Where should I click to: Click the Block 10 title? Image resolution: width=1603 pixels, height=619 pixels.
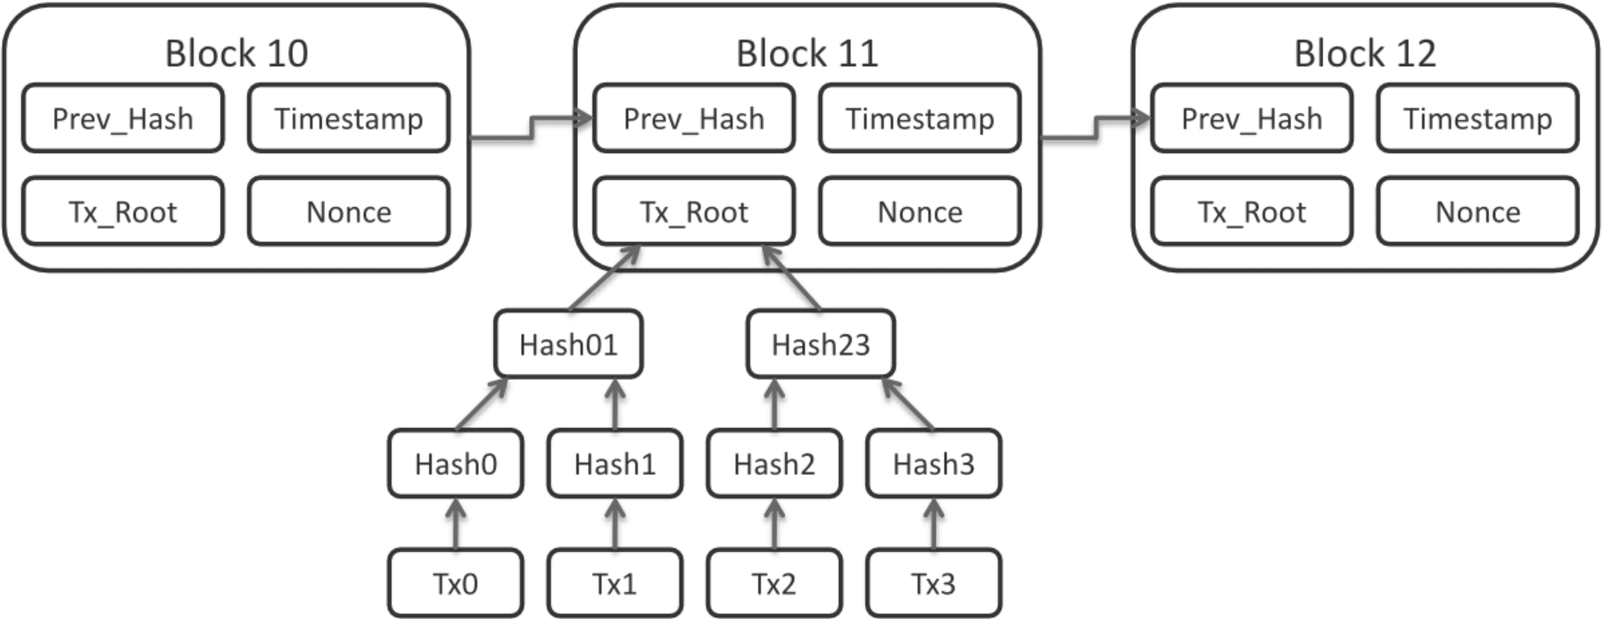click(x=236, y=54)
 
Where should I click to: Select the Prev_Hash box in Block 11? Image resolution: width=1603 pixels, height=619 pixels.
click(x=693, y=119)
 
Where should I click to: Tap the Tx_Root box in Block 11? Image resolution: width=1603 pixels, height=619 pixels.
click(x=693, y=211)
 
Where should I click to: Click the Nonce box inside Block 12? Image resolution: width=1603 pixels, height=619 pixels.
click(x=1477, y=211)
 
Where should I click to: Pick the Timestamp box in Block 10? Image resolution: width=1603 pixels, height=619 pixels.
click(x=348, y=119)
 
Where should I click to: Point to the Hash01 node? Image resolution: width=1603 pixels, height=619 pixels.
click(x=568, y=344)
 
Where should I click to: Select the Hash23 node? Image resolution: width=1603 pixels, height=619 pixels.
click(x=820, y=344)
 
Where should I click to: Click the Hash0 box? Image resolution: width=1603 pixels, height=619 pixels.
click(x=455, y=464)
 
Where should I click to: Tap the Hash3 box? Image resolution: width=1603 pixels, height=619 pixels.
click(x=933, y=464)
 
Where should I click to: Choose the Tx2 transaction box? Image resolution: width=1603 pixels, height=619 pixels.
click(x=773, y=583)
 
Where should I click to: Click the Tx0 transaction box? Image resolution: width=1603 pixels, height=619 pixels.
click(x=455, y=583)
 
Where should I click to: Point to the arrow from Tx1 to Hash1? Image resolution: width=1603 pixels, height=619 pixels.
click(x=615, y=524)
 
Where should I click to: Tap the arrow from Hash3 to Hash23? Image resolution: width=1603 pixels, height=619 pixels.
click(x=908, y=404)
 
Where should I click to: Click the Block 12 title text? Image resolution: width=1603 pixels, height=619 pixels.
click(x=1365, y=54)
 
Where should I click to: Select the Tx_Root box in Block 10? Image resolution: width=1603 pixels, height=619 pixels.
click(x=122, y=211)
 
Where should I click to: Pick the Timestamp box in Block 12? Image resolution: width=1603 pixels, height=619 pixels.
click(x=1477, y=119)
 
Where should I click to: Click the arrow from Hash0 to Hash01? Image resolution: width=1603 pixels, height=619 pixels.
click(x=482, y=404)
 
